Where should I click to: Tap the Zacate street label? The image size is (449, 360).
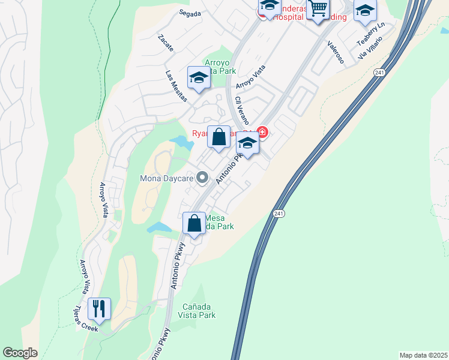[166, 43]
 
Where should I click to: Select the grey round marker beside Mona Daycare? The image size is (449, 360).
[203, 177]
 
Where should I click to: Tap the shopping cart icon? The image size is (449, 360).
[318, 9]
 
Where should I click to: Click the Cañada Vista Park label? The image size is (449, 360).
[199, 310]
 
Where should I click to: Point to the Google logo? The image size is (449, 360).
[20, 352]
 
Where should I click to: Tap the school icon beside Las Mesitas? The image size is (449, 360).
[198, 77]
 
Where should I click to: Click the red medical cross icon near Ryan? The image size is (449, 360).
[262, 131]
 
